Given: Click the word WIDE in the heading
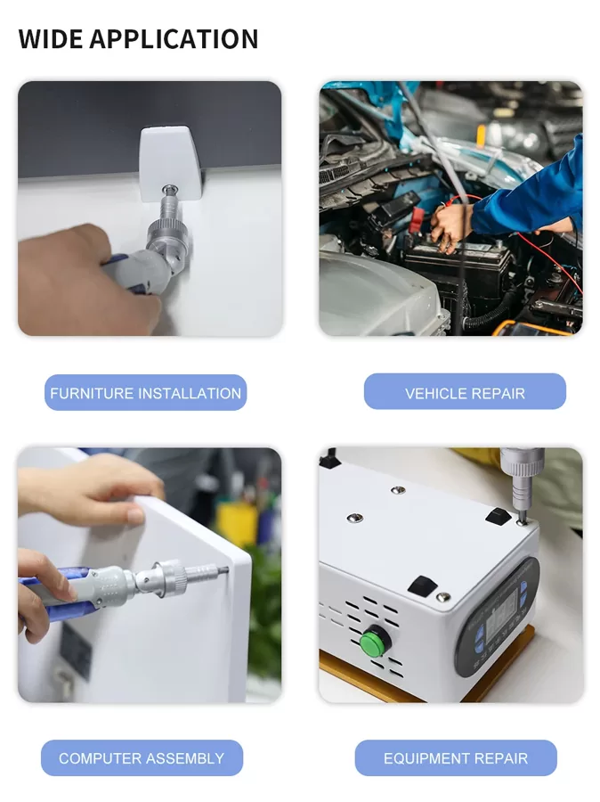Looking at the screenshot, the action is (50, 39).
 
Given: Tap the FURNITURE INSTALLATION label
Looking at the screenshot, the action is (146, 393).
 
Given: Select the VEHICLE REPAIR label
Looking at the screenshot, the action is (465, 393).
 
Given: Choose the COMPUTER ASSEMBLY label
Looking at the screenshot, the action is (142, 758).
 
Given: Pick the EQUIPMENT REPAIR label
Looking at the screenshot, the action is (456, 758).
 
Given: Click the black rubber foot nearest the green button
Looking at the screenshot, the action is (422, 585).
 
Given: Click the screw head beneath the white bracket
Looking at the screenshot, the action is (168, 190).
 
